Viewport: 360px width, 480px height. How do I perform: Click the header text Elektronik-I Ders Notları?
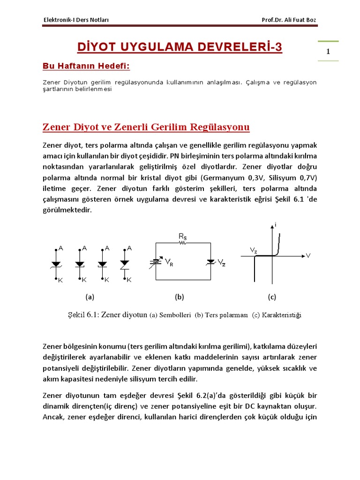point(76,20)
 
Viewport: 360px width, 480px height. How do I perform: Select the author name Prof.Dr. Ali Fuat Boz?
point(292,20)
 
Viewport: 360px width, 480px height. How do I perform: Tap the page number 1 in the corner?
point(328,52)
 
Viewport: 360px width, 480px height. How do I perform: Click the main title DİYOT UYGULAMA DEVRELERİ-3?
point(180,47)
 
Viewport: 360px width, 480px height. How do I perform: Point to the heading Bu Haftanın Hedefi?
point(86,66)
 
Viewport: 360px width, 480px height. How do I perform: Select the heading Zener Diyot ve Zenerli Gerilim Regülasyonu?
point(146,127)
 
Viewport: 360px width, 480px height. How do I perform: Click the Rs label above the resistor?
point(183,238)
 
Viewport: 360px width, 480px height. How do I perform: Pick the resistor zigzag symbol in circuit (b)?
point(183,243)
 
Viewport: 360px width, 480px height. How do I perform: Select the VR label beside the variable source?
point(169,263)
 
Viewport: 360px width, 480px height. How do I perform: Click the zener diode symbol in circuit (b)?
point(210,262)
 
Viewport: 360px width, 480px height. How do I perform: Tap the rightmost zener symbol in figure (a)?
point(125,263)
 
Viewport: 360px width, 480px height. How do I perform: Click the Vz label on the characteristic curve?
point(254,251)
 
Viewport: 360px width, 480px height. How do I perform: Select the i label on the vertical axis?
point(276,225)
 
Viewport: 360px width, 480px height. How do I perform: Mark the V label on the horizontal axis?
point(308,255)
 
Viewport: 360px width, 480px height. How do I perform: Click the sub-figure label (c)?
point(272,297)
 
